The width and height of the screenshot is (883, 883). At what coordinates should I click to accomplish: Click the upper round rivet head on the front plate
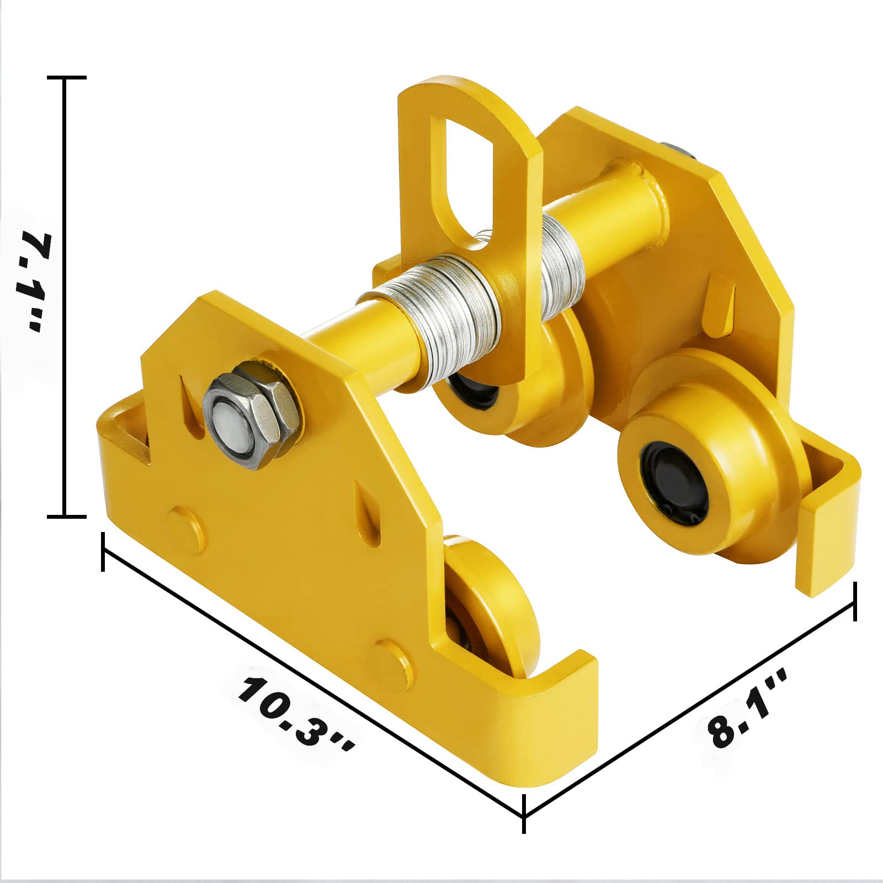pos(185,530)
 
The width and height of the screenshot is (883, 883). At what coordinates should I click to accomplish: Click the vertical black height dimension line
pos(66,298)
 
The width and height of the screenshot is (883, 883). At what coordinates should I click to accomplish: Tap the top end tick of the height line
pos(67,78)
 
